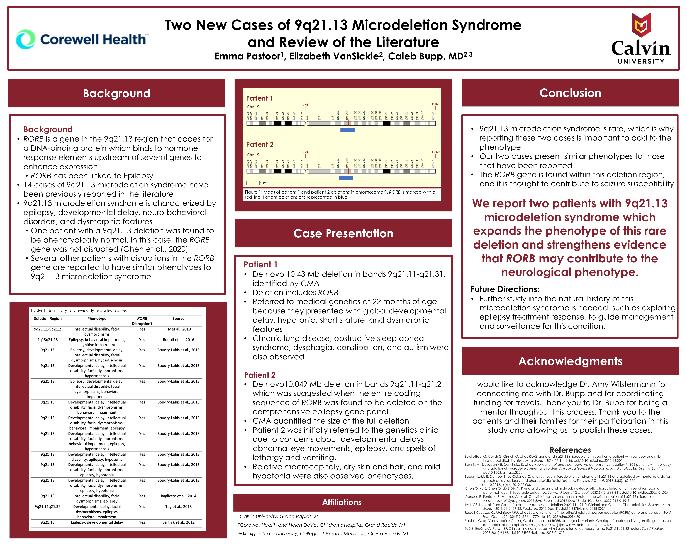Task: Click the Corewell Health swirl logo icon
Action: coord(25,39)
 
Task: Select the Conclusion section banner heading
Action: coord(570,93)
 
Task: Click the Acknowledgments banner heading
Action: coord(570,361)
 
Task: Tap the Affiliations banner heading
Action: coord(342,502)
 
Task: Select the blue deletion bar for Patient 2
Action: coord(346,178)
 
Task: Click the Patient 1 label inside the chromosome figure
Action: coord(259,98)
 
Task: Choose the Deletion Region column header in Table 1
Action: coord(47,319)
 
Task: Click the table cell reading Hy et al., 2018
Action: coord(178,329)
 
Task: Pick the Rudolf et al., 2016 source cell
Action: coord(178,340)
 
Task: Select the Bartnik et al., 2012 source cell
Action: coord(178,522)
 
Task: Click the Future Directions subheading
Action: coord(505,289)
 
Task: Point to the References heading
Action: coord(570,450)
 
